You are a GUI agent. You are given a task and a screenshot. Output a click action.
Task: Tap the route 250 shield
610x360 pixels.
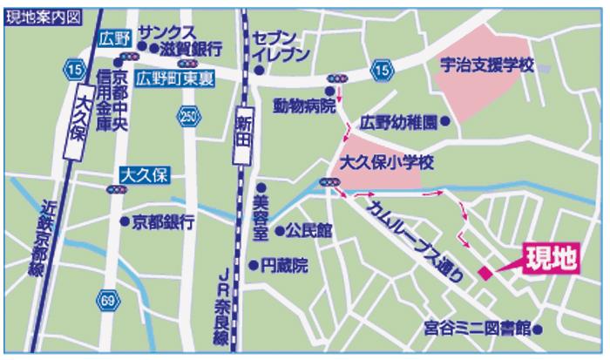pyautogui.click(x=187, y=115)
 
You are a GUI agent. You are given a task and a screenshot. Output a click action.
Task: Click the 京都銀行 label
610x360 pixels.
pyautogui.click(x=163, y=221)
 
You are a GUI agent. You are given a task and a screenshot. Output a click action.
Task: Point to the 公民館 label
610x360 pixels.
pyautogui.click(x=308, y=231)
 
